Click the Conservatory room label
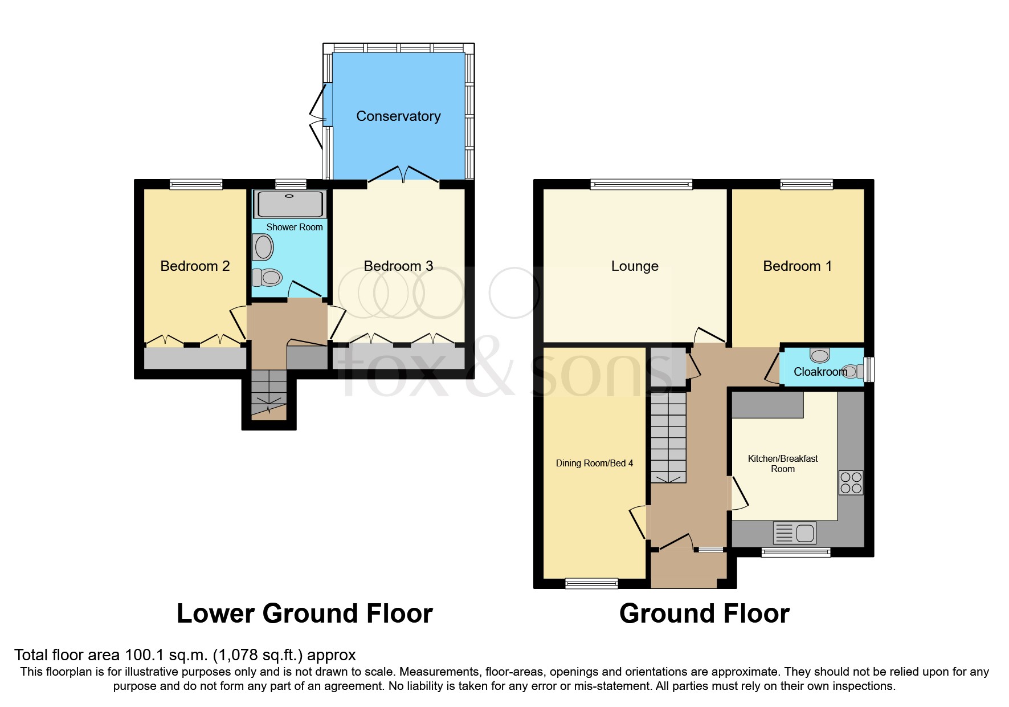[398, 116]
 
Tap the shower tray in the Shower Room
[291, 204]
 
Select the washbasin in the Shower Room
[263, 247]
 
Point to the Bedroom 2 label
[195, 266]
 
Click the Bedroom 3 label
[398, 266]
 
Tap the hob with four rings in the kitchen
[851, 482]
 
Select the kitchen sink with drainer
[794, 533]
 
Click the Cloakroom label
[820, 372]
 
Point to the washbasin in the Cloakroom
[820, 355]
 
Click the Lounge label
[635, 266]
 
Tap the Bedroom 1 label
[797, 266]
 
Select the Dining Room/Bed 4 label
[594, 464]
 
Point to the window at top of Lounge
[641, 184]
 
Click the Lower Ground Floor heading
[304, 614]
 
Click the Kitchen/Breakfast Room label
[782, 464]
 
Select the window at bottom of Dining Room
[591, 583]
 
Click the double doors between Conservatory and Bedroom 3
[403, 174]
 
